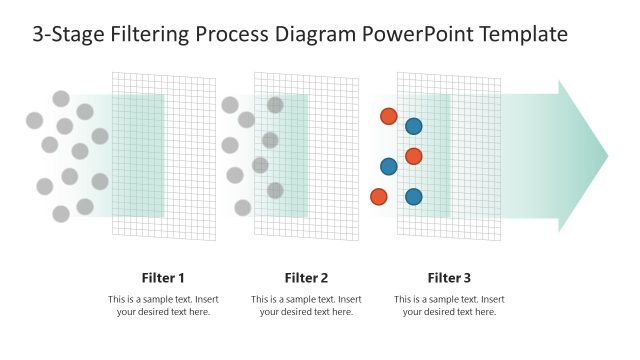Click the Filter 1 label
163,278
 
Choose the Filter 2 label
306,278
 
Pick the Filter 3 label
449,278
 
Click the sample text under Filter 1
163,306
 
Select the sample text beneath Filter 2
306,306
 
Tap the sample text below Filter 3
449,306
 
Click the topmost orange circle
388,116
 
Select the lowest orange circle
379,197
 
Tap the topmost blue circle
413,126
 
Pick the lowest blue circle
413,197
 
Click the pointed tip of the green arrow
606,156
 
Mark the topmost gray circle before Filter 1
61,98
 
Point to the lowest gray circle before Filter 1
61,213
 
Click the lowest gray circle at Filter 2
243,207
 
